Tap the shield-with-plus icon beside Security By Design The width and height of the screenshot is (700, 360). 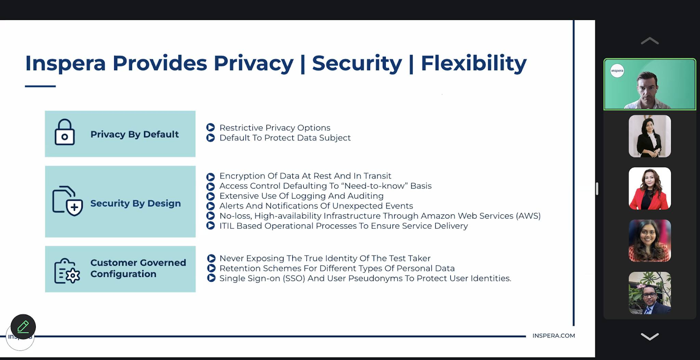click(x=68, y=201)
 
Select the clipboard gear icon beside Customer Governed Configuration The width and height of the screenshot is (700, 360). click(x=67, y=271)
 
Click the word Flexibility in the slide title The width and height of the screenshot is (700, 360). click(x=474, y=64)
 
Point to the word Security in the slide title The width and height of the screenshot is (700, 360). click(x=357, y=64)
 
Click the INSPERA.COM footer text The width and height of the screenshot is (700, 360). click(x=553, y=336)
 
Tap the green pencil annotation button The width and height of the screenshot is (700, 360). click(x=23, y=327)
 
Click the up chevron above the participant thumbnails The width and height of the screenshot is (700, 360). click(x=650, y=41)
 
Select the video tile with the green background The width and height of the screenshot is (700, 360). click(x=650, y=84)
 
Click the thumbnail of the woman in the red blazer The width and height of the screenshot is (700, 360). click(x=650, y=189)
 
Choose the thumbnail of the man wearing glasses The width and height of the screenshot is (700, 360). click(x=650, y=293)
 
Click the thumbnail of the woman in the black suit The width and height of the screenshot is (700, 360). click(x=650, y=136)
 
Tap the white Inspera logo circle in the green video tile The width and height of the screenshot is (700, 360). click(x=617, y=70)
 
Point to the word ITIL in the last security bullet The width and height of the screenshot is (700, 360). click(x=227, y=226)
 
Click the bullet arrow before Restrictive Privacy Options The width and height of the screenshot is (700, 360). click(x=210, y=127)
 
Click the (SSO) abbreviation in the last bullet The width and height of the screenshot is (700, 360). click(x=294, y=279)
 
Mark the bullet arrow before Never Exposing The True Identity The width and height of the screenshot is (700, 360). click(x=211, y=258)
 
